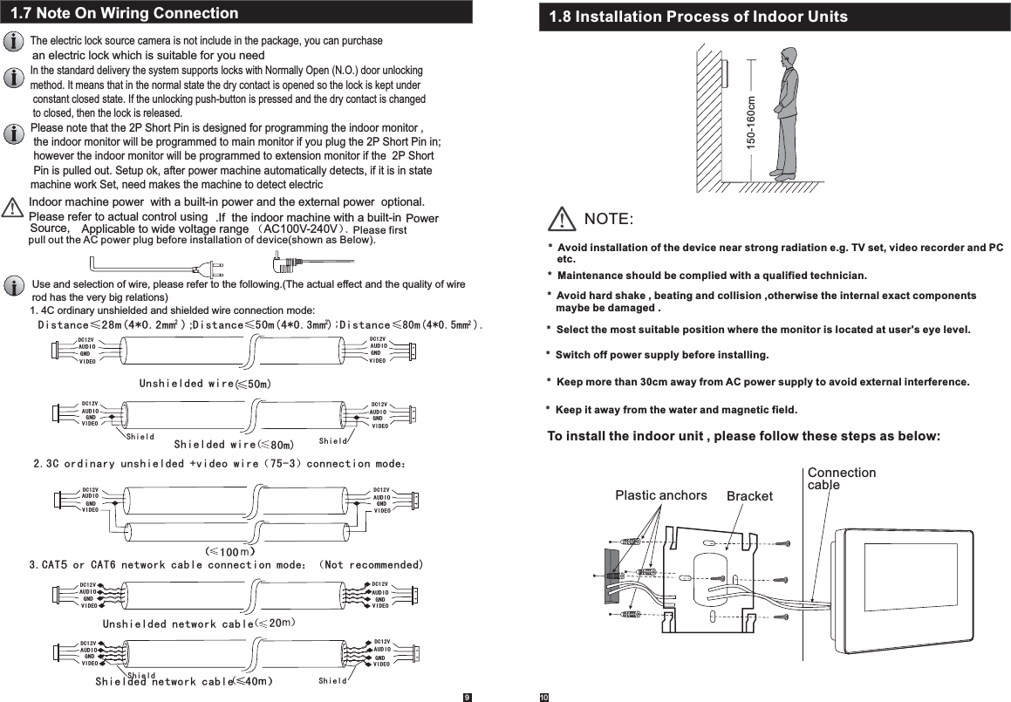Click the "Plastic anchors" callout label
click(x=661, y=495)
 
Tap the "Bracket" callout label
click(x=750, y=496)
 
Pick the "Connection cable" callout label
click(x=841, y=478)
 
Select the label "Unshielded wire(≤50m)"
click(x=206, y=383)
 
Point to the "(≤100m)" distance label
click(x=229, y=551)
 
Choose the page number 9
click(x=467, y=696)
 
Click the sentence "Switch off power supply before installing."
click(x=661, y=356)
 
